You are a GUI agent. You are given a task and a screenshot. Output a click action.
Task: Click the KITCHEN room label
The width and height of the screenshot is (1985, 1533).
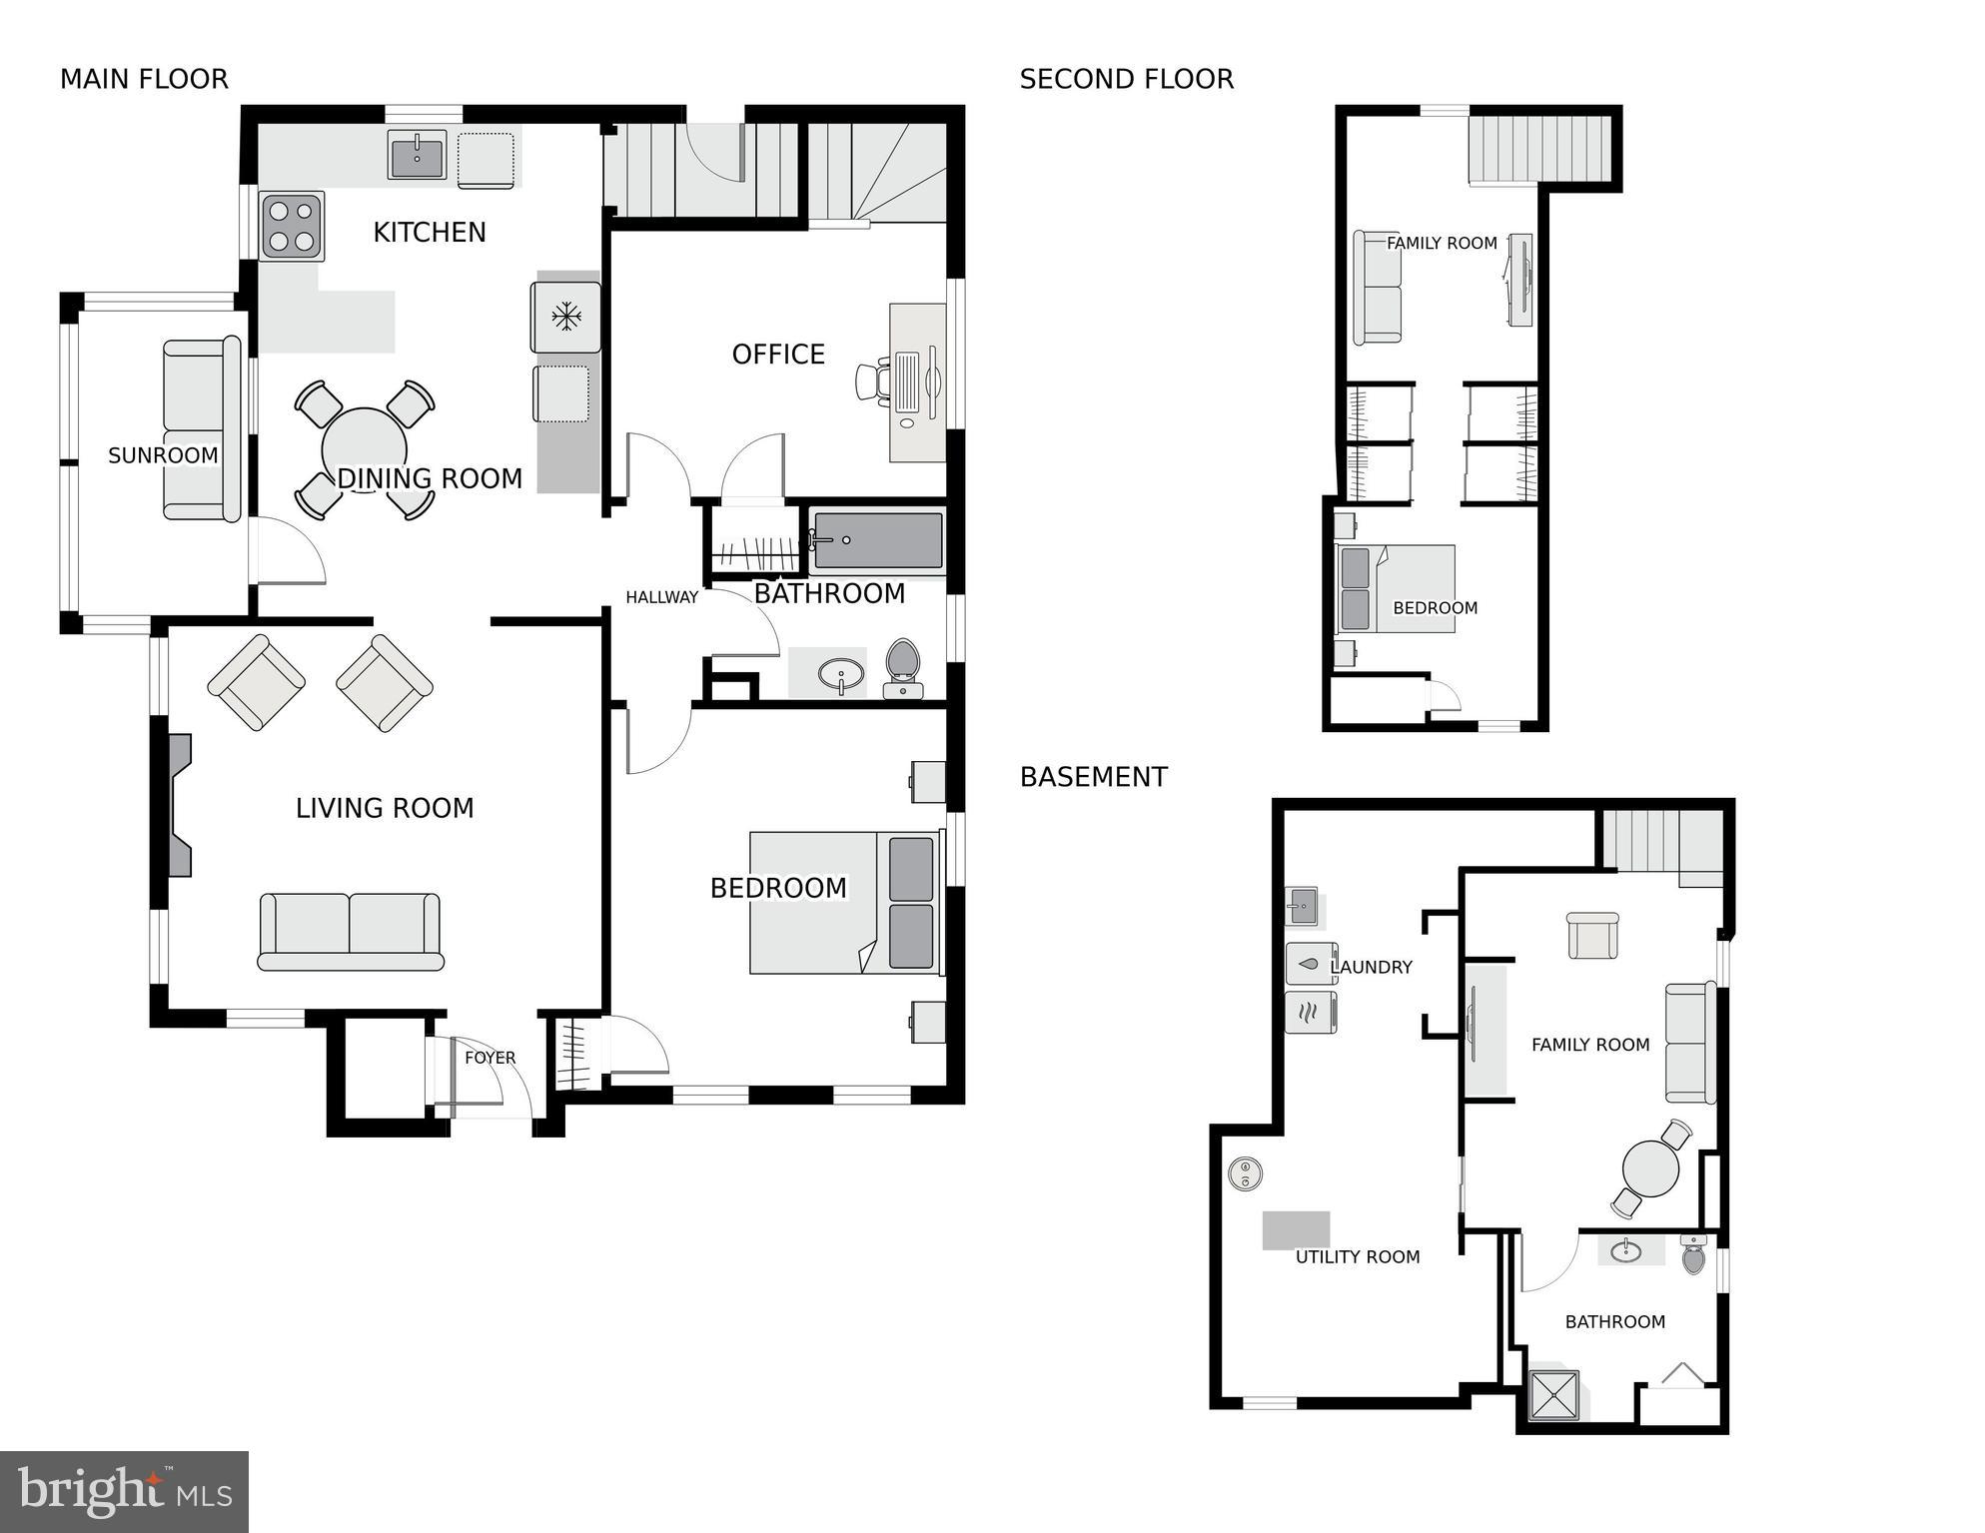430,232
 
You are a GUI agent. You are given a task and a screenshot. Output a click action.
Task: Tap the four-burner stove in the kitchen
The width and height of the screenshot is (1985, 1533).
292,226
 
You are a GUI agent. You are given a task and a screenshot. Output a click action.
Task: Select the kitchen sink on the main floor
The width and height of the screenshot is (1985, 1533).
417,156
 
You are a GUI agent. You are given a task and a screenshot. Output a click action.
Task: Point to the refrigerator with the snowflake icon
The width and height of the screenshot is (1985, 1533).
566,318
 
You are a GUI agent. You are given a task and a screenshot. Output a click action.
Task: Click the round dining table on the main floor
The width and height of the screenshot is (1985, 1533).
364,449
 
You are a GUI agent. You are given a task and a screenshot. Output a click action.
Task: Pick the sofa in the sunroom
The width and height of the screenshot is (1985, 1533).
202,428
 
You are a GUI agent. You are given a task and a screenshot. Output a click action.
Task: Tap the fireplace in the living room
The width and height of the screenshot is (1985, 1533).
179,805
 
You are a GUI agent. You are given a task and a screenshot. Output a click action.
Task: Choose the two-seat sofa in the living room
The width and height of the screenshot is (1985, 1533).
350,932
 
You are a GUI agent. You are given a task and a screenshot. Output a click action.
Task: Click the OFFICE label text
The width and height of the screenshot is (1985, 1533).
778,355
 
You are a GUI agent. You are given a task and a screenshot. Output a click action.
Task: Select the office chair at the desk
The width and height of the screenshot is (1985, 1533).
871,382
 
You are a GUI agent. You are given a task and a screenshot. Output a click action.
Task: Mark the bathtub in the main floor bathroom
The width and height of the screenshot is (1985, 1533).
877,541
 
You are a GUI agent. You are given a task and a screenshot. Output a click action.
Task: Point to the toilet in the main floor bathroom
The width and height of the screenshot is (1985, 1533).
903,668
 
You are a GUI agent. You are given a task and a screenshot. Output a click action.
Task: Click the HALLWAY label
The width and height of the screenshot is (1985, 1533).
661,597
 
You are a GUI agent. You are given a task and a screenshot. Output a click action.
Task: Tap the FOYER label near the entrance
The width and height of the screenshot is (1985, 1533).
490,1058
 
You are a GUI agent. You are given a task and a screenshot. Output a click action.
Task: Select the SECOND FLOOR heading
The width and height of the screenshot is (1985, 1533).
1126,79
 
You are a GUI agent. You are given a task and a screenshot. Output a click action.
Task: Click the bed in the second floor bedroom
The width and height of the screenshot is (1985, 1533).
1396,589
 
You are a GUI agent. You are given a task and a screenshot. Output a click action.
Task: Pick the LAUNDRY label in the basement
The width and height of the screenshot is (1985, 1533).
1371,967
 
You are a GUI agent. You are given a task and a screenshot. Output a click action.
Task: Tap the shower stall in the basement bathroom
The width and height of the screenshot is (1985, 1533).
1554,1394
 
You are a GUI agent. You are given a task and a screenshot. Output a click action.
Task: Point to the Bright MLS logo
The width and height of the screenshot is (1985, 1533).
124,1491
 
